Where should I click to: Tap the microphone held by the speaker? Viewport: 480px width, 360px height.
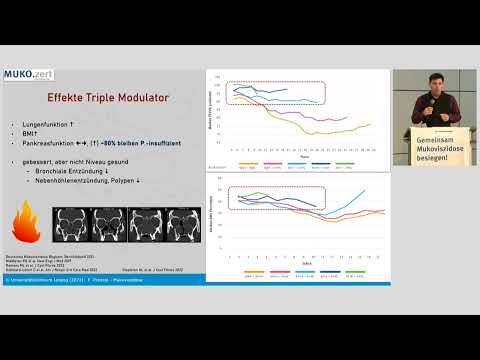[431, 106]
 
